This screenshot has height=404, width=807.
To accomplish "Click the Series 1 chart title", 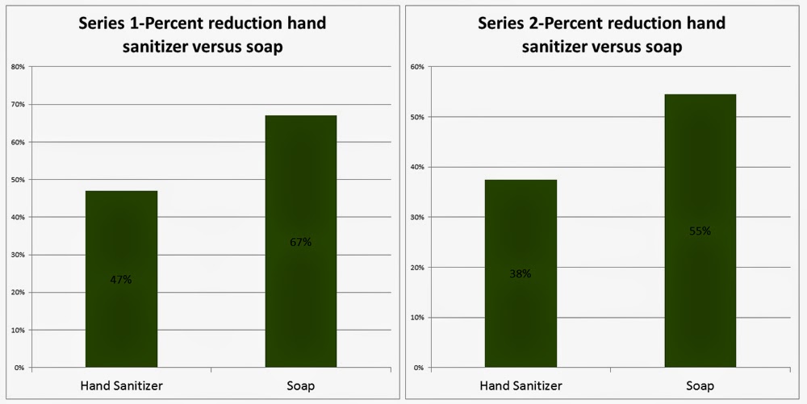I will tap(202, 34).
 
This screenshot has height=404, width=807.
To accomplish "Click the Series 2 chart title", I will tap(601, 34).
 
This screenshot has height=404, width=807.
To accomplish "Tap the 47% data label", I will tap(121, 280).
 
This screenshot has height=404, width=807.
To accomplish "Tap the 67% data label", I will tap(300, 242).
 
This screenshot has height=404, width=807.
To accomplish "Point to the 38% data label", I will tap(521, 273).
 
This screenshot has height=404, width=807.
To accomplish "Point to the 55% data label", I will tap(700, 231).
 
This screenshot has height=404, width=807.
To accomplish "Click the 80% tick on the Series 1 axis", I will tap(16, 67).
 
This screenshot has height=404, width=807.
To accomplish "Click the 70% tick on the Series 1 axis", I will tap(16, 105).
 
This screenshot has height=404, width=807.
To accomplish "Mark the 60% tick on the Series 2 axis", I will tap(417, 67).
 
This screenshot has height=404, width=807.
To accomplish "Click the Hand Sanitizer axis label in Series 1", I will tap(121, 386).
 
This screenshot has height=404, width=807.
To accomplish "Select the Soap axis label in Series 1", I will tap(300, 386).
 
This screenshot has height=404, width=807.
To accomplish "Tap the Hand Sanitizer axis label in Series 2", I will tap(521, 386).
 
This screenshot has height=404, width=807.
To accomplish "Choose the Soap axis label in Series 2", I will tap(700, 386).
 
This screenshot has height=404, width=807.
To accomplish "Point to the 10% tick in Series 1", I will tap(16, 330).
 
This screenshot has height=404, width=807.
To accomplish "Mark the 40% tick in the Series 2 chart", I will tap(417, 167).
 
